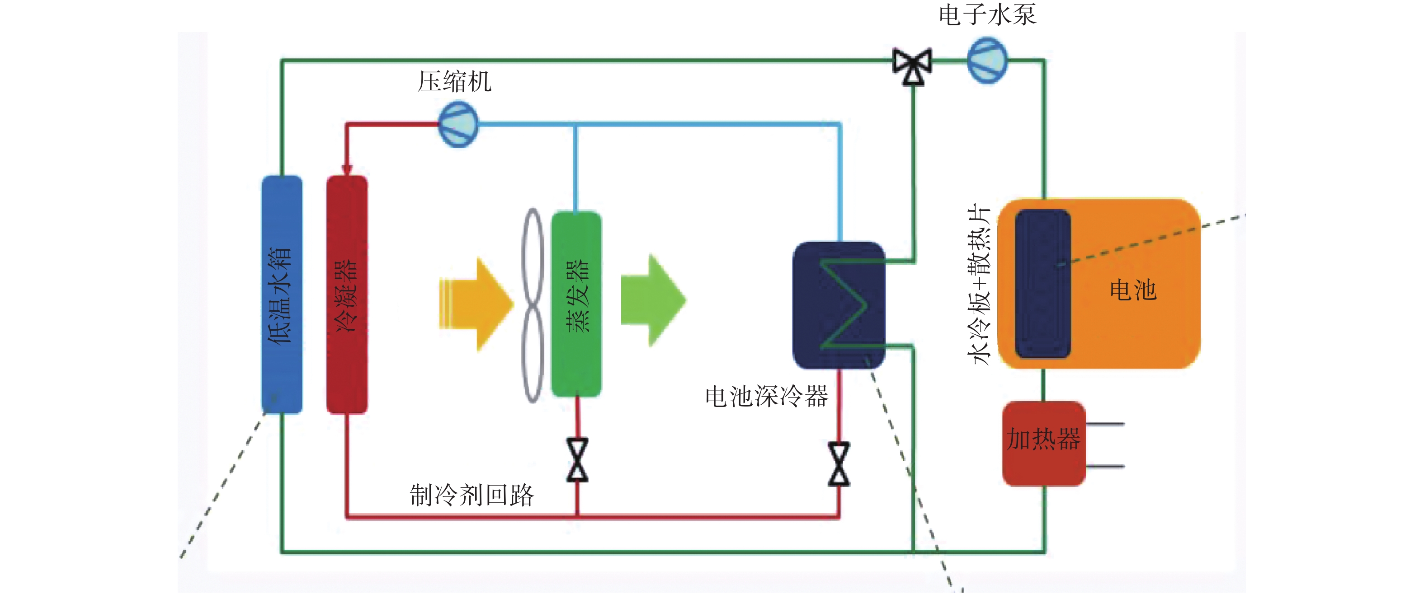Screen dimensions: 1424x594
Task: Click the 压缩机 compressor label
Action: pyautogui.click(x=454, y=82)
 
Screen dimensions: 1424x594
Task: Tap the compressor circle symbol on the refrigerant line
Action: pyautogui.click(x=458, y=124)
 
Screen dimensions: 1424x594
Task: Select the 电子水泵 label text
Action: pyautogui.click(x=987, y=14)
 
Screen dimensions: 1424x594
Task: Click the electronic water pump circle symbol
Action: pyautogui.click(x=987, y=60)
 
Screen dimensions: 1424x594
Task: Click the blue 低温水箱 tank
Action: pyautogui.click(x=282, y=295)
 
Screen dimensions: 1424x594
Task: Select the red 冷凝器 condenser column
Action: pyautogui.click(x=347, y=295)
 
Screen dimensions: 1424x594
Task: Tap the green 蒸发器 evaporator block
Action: pyautogui.click(x=576, y=304)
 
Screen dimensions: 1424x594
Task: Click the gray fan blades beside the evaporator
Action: pyautogui.click(x=533, y=305)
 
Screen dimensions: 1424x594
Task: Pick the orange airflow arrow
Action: pyautogui.click(x=476, y=304)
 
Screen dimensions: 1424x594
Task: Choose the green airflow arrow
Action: pyautogui.click(x=653, y=300)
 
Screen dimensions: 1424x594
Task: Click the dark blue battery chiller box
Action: pyautogui.click(x=839, y=305)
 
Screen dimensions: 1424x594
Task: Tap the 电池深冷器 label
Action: pyautogui.click(x=766, y=396)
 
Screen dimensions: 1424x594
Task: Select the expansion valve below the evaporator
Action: pyautogui.click(x=578, y=460)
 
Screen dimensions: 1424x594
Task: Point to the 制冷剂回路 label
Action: pyautogui.click(x=472, y=495)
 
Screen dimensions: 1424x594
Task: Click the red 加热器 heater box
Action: pyautogui.click(x=1044, y=444)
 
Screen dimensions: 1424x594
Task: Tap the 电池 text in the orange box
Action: pyautogui.click(x=1133, y=290)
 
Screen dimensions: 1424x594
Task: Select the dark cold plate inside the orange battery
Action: pyautogui.click(x=1043, y=284)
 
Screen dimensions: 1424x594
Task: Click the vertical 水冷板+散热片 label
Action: pyautogui.click(x=979, y=284)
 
